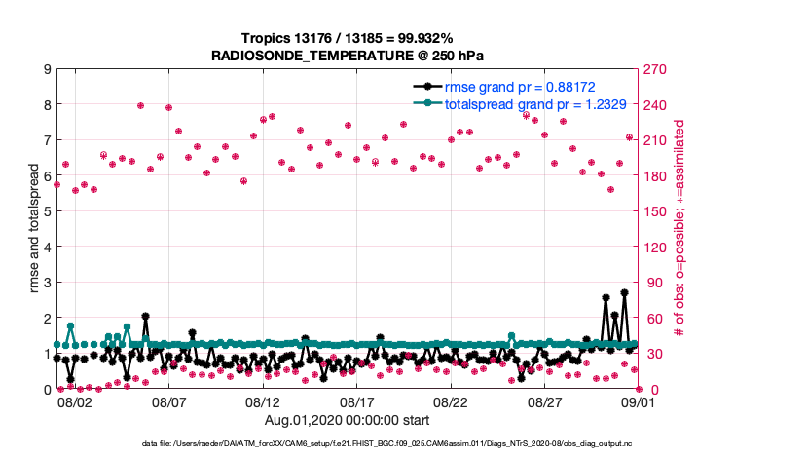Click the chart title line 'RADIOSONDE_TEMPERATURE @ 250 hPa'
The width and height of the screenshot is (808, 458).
(348, 56)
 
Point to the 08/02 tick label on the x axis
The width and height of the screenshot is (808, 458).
(74, 401)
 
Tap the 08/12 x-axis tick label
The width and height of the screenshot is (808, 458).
(263, 401)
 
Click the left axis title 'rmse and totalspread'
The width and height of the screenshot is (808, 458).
(34, 229)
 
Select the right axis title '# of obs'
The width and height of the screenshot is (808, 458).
(681, 229)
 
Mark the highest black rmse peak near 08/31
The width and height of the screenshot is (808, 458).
(624, 292)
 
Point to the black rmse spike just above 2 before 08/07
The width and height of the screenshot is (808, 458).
(145, 316)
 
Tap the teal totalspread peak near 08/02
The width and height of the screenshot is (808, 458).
(70, 326)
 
